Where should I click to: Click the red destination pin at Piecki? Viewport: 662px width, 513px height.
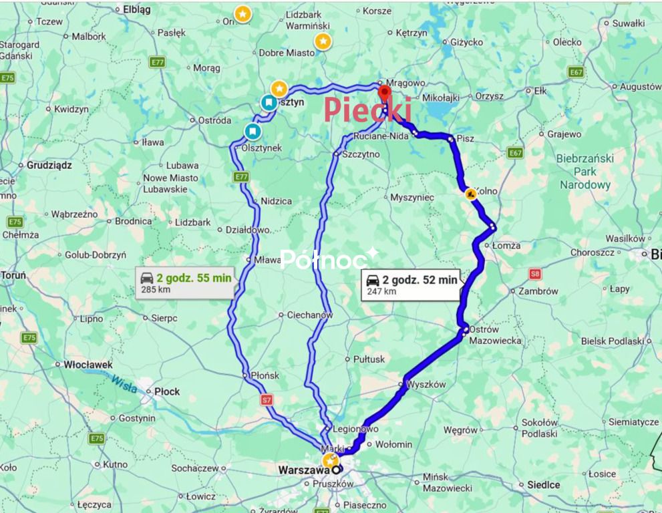pos(384,92)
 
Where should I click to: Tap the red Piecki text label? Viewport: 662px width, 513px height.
pos(367,110)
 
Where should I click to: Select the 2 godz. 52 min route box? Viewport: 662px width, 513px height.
pos(411,285)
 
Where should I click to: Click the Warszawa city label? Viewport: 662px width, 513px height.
pos(303,470)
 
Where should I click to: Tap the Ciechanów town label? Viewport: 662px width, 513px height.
pos(310,315)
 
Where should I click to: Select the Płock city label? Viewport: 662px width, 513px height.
pos(167,391)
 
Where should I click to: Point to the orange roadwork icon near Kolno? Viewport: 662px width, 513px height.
pos(470,194)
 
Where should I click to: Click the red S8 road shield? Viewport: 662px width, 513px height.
pos(534,273)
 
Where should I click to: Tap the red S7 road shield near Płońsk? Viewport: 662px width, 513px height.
pos(267,401)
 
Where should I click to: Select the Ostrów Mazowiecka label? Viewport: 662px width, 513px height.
pos(494,335)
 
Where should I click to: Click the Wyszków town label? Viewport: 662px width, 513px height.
pos(426,385)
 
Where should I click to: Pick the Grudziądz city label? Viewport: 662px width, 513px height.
pos(49,165)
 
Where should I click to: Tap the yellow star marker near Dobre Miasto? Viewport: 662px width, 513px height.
pos(323,41)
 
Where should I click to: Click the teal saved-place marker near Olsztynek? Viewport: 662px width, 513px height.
pos(253,131)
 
